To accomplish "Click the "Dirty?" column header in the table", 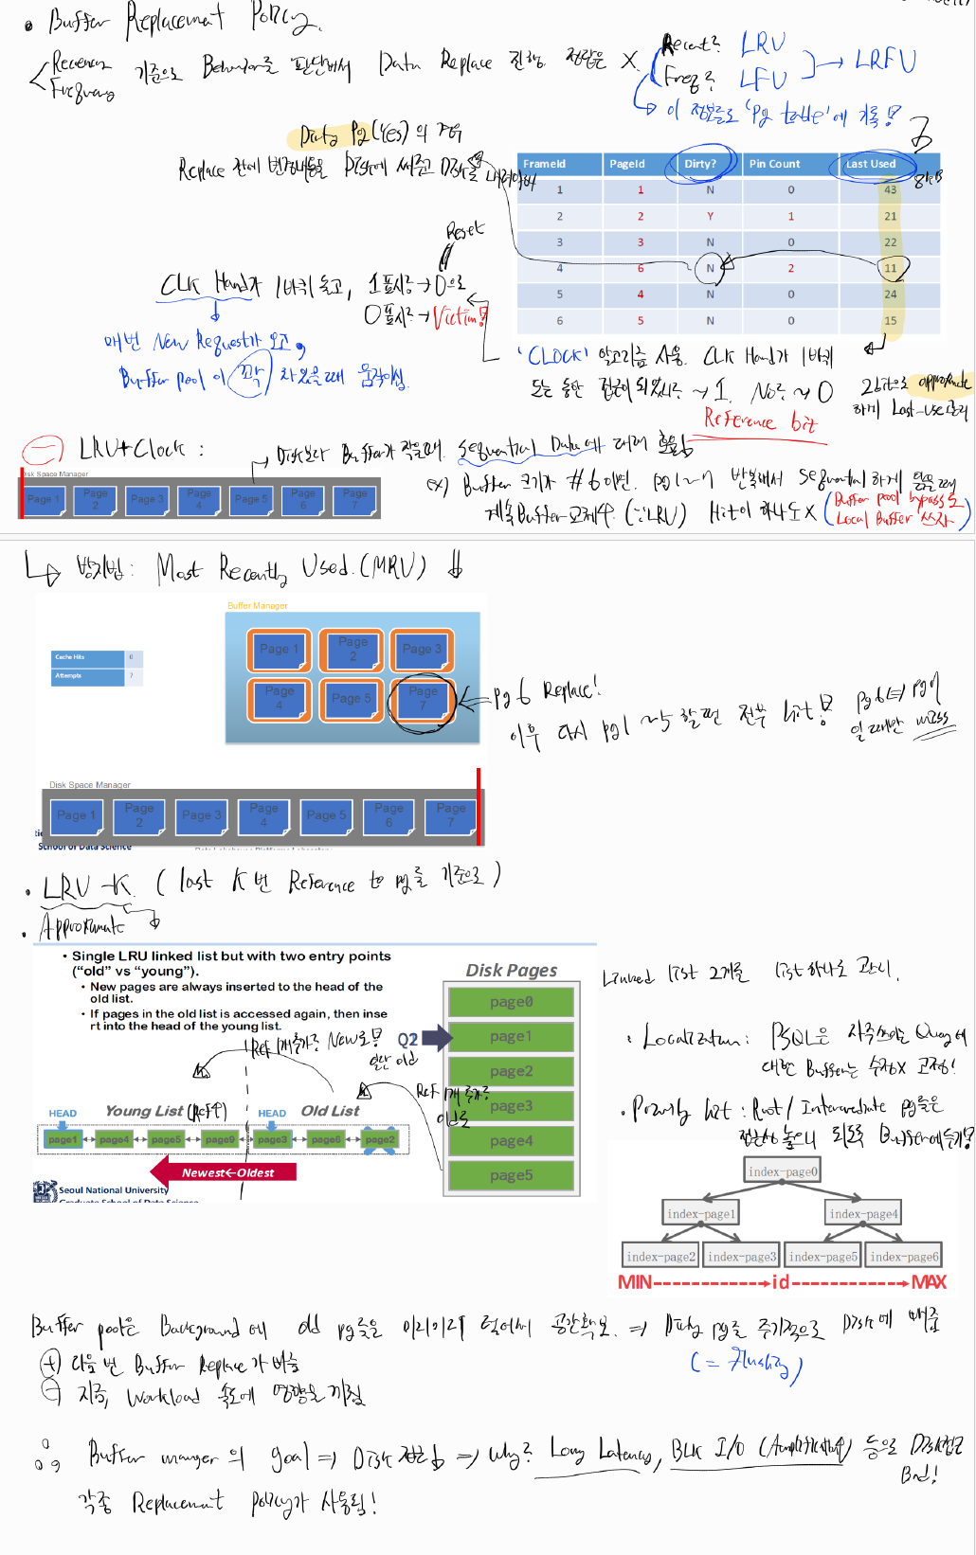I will point(700,164).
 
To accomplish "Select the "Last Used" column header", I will point(870,164).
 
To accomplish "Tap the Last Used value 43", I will point(890,190).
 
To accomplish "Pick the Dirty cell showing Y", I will point(710,216).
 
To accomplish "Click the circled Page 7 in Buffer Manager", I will point(423,699).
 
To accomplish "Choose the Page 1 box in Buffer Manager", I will point(280,650).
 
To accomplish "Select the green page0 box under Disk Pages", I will point(511,1002).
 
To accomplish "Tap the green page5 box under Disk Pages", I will point(511,1175).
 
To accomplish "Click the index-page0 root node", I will point(783,1171).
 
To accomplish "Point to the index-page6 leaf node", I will point(904,1257).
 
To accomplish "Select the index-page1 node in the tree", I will point(700,1214).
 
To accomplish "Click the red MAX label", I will point(929,1282).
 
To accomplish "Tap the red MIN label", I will point(635,1282).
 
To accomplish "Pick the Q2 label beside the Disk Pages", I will point(407,1039).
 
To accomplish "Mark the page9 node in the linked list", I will point(220,1139).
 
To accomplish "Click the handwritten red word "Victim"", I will point(459,317).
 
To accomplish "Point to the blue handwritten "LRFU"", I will point(885,62).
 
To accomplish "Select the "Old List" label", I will point(330,1111).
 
